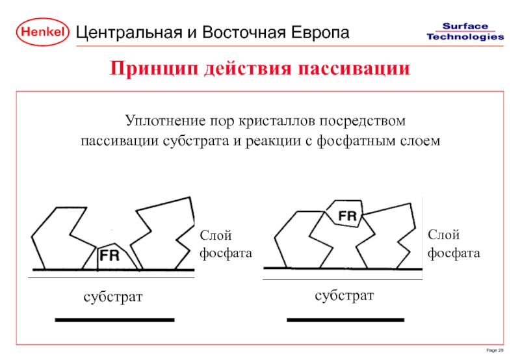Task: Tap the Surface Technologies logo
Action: click(x=465, y=31)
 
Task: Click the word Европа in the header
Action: click(x=319, y=32)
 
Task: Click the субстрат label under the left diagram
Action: click(x=112, y=297)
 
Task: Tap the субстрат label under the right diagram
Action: click(x=344, y=296)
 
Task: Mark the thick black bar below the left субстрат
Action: click(x=115, y=320)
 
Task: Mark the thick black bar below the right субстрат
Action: click(x=346, y=320)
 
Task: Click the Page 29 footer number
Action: click(x=495, y=350)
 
